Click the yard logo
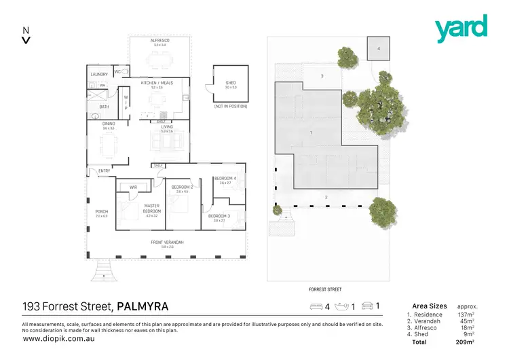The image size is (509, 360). point(461,29)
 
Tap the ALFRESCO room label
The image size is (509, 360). point(161,41)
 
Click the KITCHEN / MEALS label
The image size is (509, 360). point(157,82)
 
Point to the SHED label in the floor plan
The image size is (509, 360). point(230,82)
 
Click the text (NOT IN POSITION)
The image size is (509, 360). point(230,107)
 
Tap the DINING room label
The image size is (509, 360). point(109,124)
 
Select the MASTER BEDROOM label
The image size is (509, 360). point(151,208)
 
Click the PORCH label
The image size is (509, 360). point(101,211)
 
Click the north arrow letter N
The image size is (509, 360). point(26,30)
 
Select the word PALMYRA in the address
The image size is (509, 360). point(143,306)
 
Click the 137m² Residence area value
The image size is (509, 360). point(465,314)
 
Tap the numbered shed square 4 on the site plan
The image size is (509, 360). point(379,49)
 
